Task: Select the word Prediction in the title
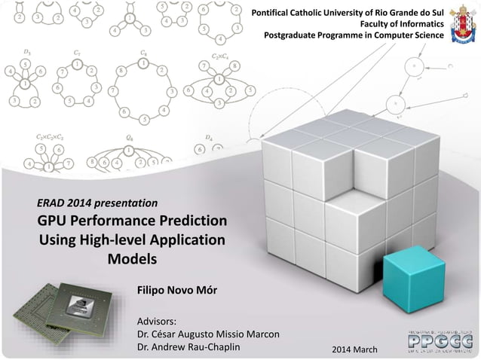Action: [193, 222]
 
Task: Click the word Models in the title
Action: [132, 259]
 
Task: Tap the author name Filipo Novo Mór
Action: [176, 290]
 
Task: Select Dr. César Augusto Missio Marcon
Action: [207, 334]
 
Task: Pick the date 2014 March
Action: [357, 352]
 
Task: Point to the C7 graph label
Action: [78, 53]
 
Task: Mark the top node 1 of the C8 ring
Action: [143, 65]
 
